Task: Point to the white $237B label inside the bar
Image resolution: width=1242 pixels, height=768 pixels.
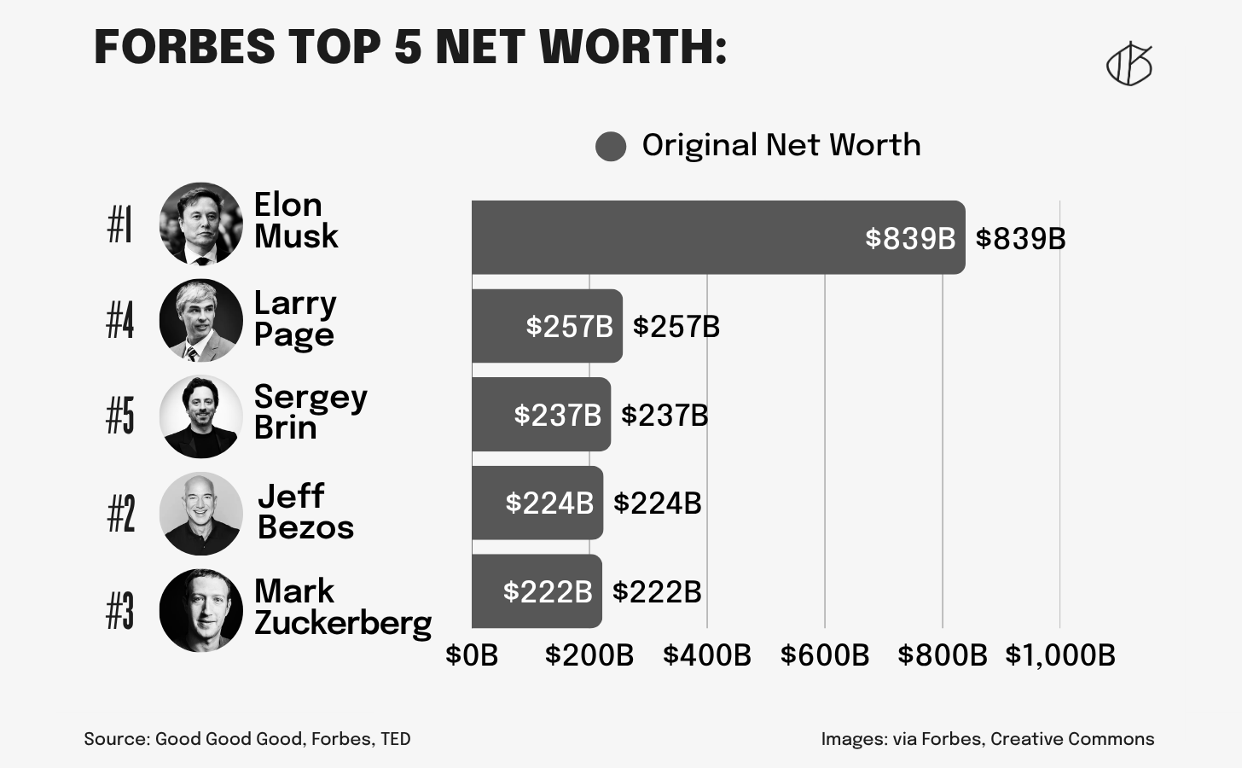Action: pyautogui.click(x=557, y=415)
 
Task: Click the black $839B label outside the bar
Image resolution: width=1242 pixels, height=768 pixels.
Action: pyautogui.click(x=1020, y=239)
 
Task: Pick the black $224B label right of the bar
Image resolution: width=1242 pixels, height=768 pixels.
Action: pyautogui.click(x=657, y=503)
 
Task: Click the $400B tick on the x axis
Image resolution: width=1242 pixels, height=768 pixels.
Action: pyautogui.click(x=706, y=655)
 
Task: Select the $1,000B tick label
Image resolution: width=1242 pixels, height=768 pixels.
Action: pyautogui.click(x=1059, y=655)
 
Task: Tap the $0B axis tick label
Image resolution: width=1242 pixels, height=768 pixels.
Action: pyautogui.click(x=472, y=655)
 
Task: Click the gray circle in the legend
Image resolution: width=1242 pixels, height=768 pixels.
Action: pyautogui.click(x=611, y=146)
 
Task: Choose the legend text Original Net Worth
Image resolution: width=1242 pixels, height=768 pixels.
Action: pyautogui.click(x=781, y=145)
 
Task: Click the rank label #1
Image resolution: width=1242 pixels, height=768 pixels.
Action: pyautogui.click(x=120, y=224)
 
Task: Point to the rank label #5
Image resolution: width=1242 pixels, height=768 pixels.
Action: pyautogui.click(x=120, y=416)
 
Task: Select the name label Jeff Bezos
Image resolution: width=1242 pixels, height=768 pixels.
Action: pyautogui.click(x=305, y=511)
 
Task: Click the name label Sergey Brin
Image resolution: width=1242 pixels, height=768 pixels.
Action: pyautogui.click(x=310, y=412)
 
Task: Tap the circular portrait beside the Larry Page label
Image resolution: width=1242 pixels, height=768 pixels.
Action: pyautogui.click(x=201, y=321)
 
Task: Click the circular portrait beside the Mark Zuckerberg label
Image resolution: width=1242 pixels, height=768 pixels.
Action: pyautogui.click(x=201, y=611)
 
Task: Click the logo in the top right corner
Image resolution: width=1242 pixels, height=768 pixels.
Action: pyautogui.click(x=1129, y=64)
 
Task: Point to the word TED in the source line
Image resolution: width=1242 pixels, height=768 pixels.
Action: pyautogui.click(x=395, y=739)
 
